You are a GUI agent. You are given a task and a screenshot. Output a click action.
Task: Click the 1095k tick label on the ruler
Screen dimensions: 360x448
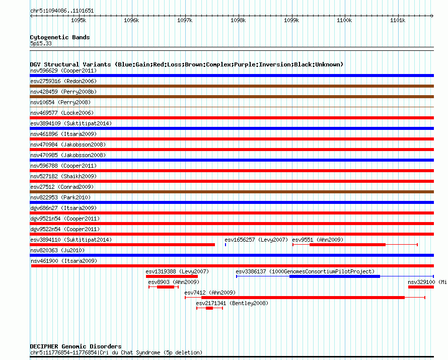[x=78, y=21]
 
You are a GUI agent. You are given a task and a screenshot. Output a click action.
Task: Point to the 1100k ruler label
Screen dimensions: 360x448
[x=344, y=21]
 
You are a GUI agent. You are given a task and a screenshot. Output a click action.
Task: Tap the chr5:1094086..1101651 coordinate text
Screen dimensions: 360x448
[x=62, y=11]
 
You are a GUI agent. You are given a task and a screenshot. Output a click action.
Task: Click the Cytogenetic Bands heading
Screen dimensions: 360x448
[x=60, y=37]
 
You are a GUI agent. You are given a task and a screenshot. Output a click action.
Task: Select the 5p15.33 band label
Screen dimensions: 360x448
[x=41, y=43]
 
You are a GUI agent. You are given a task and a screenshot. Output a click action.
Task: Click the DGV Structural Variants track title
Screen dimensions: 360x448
[x=186, y=64]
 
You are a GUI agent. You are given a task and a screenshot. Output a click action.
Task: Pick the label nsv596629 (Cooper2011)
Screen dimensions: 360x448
[x=63, y=70]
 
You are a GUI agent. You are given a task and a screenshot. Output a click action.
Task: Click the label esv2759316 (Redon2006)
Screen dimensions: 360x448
[x=63, y=81]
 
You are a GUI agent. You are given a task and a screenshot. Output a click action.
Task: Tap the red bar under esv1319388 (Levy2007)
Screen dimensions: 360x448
[x=172, y=276]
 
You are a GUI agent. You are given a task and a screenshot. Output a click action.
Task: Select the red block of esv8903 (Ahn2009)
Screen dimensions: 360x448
[x=165, y=287]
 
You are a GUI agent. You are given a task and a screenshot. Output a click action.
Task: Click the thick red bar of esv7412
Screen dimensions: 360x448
[x=303, y=298]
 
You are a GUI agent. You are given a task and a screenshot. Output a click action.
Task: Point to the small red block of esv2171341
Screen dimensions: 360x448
[x=209, y=308]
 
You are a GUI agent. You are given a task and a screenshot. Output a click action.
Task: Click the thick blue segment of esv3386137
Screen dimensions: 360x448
[x=334, y=276]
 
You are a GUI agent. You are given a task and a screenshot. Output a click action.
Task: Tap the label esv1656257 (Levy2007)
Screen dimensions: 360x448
[x=256, y=240]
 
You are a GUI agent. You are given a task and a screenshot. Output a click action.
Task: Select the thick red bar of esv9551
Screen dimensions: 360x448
[x=347, y=245]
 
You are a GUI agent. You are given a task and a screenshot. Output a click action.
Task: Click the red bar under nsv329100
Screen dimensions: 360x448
[x=421, y=287]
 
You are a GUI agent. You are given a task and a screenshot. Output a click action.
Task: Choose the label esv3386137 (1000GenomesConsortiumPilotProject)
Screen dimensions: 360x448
[x=305, y=271]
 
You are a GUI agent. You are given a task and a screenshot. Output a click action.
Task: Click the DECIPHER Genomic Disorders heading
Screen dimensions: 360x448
[x=76, y=346]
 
